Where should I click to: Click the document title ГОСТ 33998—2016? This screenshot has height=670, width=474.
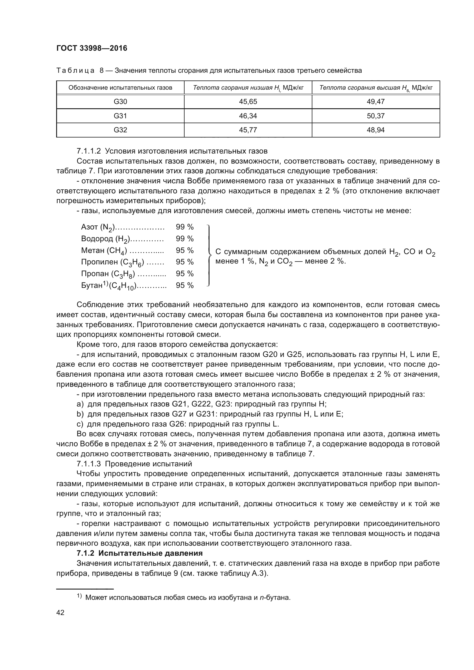click(x=92, y=48)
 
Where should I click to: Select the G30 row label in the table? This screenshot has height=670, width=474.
click(x=120, y=102)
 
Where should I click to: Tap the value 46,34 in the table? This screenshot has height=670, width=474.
click(x=248, y=116)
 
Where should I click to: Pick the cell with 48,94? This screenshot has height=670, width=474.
click(x=376, y=130)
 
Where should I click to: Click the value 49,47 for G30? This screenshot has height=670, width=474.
click(x=376, y=102)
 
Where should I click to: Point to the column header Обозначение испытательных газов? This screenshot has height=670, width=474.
click(x=120, y=88)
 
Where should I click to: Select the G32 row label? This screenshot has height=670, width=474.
click(x=120, y=130)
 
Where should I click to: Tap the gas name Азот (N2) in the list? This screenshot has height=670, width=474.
click(x=98, y=227)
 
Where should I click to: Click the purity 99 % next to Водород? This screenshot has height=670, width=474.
click(x=185, y=239)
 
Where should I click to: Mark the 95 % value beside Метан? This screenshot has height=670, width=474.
click(x=185, y=250)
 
